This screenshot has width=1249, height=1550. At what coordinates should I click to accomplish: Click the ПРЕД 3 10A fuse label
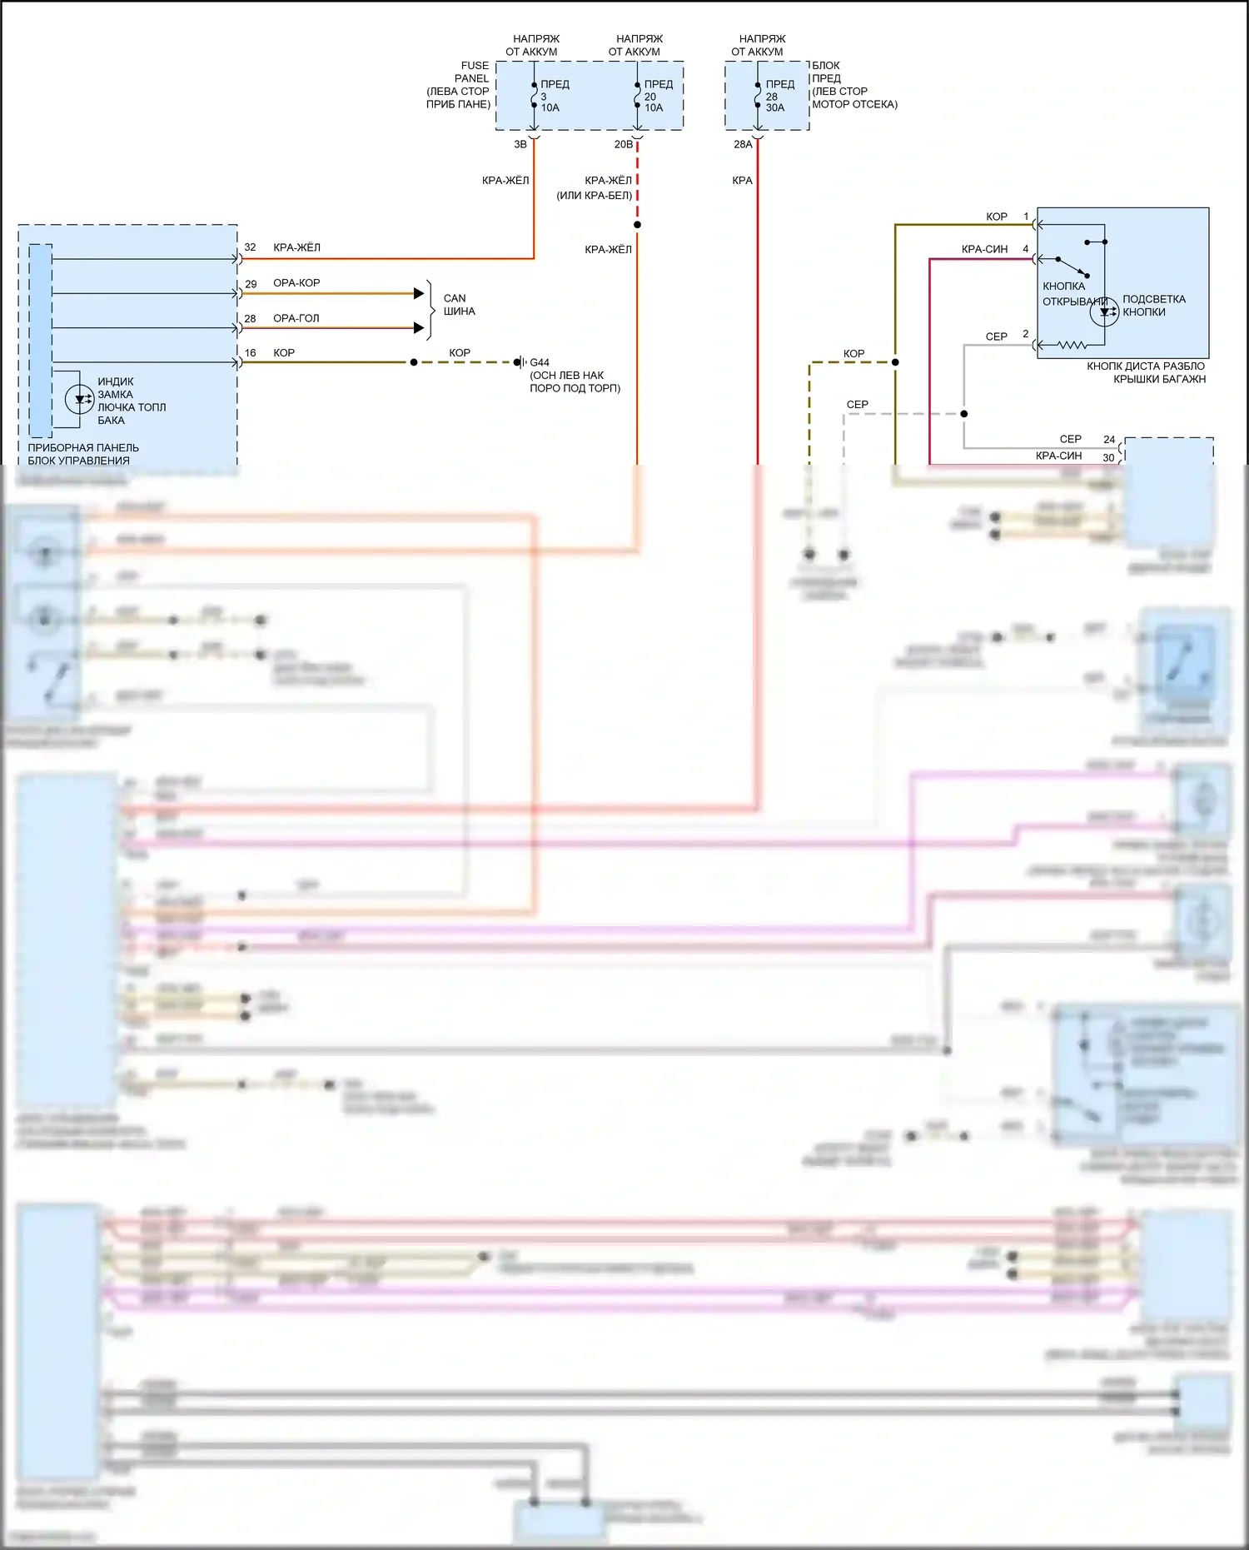(x=553, y=96)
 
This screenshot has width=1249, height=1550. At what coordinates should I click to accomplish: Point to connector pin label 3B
(x=520, y=145)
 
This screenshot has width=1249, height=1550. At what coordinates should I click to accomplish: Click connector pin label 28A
(x=743, y=145)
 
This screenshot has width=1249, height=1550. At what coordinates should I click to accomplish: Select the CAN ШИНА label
(x=458, y=305)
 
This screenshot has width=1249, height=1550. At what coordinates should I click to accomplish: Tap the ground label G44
(x=540, y=363)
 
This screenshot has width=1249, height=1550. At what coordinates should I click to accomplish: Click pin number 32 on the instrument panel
(x=250, y=248)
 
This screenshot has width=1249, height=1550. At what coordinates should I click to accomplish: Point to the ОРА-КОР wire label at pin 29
(x=296, y=283)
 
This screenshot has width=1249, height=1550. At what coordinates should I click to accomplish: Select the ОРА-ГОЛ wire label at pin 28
(x=296, y=318)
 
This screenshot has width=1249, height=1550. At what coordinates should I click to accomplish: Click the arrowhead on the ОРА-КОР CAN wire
(x=419, y=293)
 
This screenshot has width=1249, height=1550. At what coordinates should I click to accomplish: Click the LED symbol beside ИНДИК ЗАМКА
(x=79, y=400)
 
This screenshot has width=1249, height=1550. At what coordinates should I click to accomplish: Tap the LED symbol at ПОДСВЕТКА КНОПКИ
(x=1105, y=312)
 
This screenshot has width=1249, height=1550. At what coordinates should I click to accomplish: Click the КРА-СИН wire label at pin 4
(x=984, y=249)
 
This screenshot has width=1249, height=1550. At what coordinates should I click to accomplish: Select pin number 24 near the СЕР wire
(x=1109, y=440)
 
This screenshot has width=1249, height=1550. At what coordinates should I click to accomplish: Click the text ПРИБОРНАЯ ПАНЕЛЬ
(x=83, y=448)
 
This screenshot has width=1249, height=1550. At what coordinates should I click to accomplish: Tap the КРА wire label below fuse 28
(x=742, y=181)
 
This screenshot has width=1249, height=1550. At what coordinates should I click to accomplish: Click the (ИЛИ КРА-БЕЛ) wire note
(x=595, y=196)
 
